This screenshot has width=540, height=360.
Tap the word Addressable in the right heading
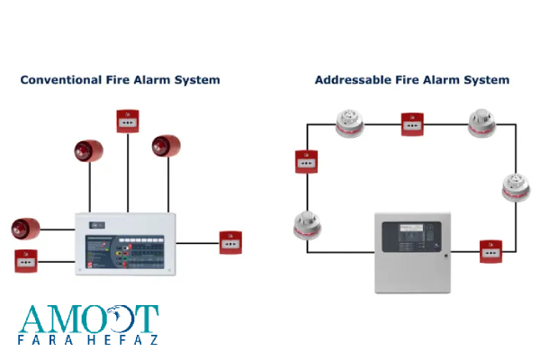(x=352, y=80)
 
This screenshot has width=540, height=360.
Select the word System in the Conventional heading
(x=198, y=80)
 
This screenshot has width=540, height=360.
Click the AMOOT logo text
(x=88, y=320)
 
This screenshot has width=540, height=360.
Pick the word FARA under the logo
(x=39, y=341)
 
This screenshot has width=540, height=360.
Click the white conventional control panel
(x=125, y=243)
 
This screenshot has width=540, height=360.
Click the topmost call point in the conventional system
(x=128, y=121)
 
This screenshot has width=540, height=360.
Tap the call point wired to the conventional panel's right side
(x=231, y=242)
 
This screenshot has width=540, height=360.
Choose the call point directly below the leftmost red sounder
(x=27, y=261)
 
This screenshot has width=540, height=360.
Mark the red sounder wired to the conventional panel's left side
(x=26, y=229)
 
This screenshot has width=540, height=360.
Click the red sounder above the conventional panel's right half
(x=166, y=147)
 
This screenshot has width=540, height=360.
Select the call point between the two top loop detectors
(x=413, y=124)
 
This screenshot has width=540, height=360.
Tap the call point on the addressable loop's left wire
(x=306, y=162)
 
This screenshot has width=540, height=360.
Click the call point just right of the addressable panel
(x=490, y=251)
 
